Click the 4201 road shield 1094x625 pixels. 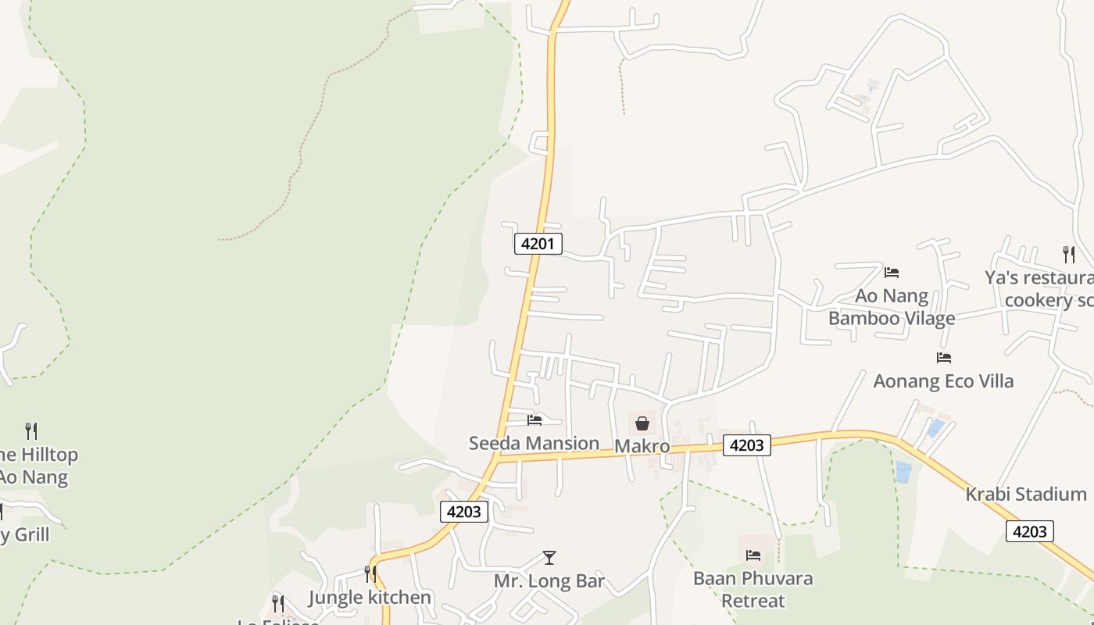pos(538,244)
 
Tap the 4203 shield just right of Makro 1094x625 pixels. pos(746,445)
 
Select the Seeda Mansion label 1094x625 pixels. pos(534,443)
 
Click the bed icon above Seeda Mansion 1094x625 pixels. pos(534,420)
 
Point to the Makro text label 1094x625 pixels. pos(642,445)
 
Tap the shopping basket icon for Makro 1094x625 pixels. pos(642,423)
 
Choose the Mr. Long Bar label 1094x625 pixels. pos(549,581)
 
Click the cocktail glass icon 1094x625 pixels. pos(549,558)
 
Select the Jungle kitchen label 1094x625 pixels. pos(370,598)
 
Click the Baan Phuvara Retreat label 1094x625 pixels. pos(753,589)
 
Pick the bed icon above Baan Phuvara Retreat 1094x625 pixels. pos(753,555)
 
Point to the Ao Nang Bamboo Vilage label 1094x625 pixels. pos(892,307)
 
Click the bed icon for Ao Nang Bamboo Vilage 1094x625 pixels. pos(892,273)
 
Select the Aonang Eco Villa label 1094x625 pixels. pos(943,380)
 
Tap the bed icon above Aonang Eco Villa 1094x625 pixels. pos(944,358)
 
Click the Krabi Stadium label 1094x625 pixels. pos(1025,494)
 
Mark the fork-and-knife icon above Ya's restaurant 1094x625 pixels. pos(1068,254)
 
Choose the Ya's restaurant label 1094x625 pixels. pos(1039,288)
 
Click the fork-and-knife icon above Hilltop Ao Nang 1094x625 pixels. pos(31,430)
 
